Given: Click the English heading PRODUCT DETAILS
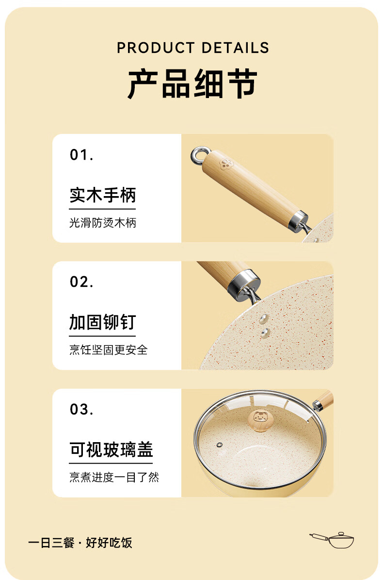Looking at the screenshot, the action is coord(193,48).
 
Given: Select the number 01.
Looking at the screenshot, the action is coord(81,155).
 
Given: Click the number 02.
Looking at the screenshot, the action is coord(81,282).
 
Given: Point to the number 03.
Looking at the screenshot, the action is coord(81,409).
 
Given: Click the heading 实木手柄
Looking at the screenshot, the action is coord(103,195).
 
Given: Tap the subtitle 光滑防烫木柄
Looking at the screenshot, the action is coord(103,223).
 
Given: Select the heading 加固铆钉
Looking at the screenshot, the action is coord(103,322).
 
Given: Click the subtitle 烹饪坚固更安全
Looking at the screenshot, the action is coord(108,349).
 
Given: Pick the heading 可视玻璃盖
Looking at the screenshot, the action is coord(111,449).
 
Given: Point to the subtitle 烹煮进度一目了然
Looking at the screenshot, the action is coord(114,477).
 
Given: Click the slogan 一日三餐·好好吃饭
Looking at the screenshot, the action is coord(80,543).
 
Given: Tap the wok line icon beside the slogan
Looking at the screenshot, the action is coord(332,540).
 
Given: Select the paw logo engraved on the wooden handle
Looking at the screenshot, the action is coord(224,164).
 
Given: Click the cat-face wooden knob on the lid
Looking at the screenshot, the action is coord(261,420).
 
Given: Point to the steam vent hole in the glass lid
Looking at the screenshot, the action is coord(220,444).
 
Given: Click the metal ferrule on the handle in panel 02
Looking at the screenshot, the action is coord(244,284).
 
